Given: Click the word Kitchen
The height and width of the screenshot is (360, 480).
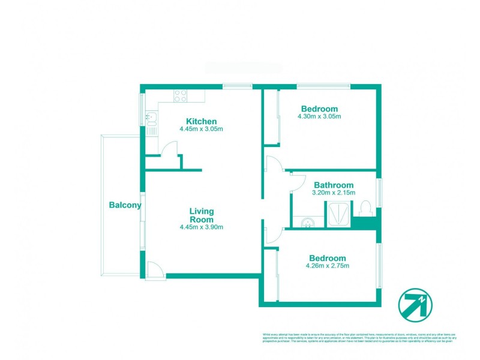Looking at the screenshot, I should pos(201,121).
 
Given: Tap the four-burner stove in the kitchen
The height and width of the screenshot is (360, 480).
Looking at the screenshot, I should pos(180,95).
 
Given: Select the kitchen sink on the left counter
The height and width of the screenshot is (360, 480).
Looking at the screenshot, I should pos(151,119).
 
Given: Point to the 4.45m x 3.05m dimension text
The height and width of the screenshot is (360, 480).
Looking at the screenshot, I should pos(201,129).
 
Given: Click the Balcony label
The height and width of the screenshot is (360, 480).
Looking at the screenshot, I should pos(125,205).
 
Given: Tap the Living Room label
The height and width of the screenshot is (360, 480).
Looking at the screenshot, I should pos(202,215).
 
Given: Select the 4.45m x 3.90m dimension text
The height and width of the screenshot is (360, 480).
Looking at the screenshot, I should pos(202,227).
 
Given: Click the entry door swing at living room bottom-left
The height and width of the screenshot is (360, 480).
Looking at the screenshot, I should pos(155,270).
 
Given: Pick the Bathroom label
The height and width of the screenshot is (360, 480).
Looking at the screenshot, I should pos(333,185).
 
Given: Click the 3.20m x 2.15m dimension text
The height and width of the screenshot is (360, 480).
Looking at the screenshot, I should pos(334,193).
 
